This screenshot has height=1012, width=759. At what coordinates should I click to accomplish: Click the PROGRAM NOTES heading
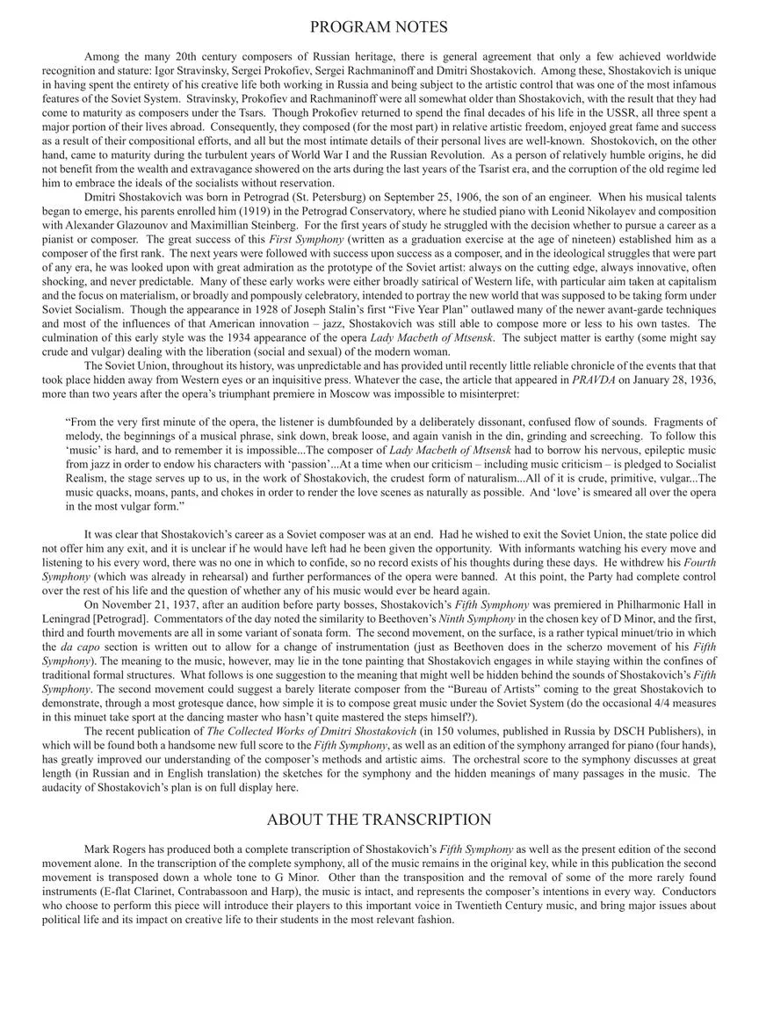pos(379,27)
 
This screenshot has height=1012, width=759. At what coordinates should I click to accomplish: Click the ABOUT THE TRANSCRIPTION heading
pos(379,820)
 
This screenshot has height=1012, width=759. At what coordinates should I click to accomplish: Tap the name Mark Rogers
pos(117,849)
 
